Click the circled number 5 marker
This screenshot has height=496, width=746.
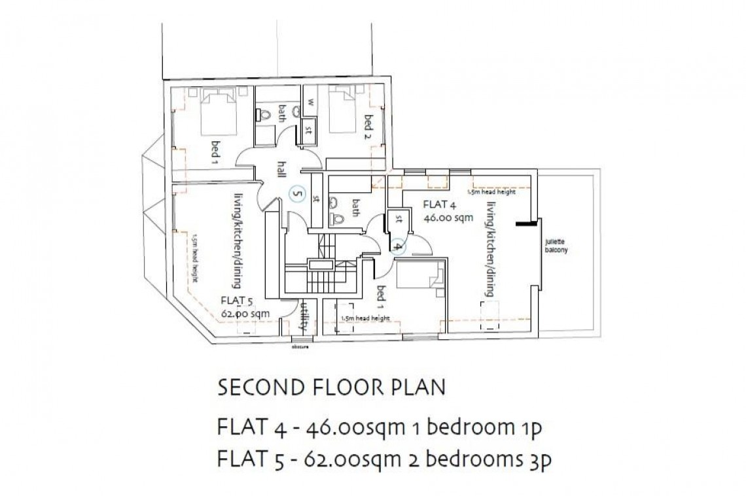click(296, 193)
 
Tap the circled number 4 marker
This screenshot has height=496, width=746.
click(398, 246)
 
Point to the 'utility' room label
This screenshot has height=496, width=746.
click(303, 316)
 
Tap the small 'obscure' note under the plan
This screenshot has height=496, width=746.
click(300, 347)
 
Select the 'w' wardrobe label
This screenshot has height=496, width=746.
click(311, 102)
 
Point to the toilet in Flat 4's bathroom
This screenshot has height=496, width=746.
click(338, 218)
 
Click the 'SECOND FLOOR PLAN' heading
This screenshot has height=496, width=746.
click(331, 388)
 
